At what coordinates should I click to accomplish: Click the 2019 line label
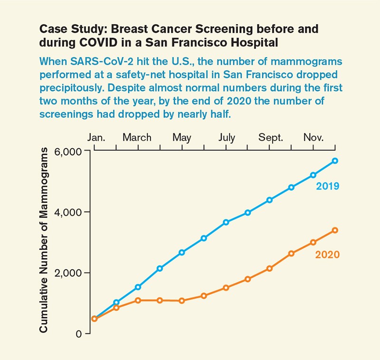click(327, 186)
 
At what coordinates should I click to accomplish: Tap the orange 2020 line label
click(327, 255)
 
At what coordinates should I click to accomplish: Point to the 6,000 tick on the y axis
click(69, 151)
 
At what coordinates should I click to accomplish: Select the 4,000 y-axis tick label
click(69, 212)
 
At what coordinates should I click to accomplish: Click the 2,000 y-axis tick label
click(69, 273)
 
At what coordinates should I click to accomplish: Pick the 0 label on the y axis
click(79, 334)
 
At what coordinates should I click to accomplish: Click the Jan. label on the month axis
click(96, 138)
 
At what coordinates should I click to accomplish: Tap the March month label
click(137, 138)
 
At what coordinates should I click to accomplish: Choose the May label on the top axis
click(181, 138)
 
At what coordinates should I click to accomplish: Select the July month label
click(227, 138)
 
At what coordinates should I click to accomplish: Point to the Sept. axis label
click(271, 138)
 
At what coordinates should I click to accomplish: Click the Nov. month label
click(313, 138)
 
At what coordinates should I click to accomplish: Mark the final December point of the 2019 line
click(335, 161)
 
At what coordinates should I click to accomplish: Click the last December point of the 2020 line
click(335, 230)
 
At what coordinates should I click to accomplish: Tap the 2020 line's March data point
click(138, 300)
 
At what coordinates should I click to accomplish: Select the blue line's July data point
click(226, 222)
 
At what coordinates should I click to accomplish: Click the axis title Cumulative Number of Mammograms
click(44, 240)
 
